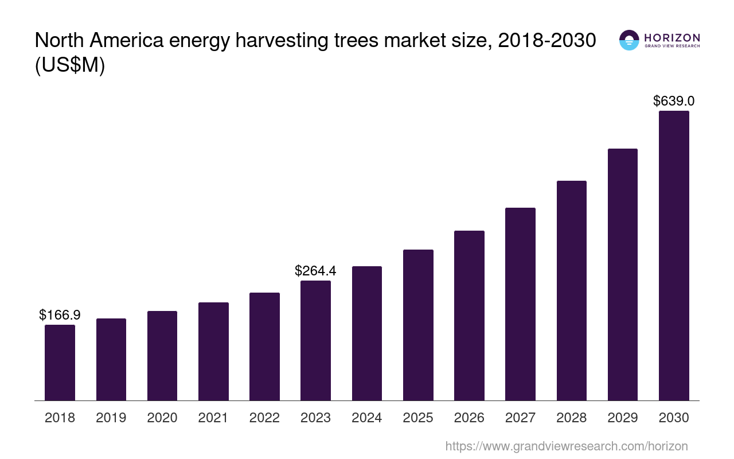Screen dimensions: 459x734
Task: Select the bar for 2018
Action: (60, 363)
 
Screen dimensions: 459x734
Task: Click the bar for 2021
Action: (213, 351)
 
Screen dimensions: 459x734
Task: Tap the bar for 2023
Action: (315, 340)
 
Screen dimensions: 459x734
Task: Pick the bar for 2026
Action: (469, 316)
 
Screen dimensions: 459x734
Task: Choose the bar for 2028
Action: (571, 290)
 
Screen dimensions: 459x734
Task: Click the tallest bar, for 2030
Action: (674, 255)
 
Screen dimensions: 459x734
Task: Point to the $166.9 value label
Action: (60, 314)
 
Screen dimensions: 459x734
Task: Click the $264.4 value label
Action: (315, 270)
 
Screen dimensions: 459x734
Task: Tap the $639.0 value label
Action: (674, 101)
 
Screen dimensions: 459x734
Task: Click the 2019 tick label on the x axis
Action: (111, 418)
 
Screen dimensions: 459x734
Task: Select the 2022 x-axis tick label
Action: (264, 418)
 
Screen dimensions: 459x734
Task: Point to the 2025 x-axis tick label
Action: (418, 418)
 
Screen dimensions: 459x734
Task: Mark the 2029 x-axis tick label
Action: (623, 418)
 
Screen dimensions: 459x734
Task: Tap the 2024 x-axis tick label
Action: (367, 418)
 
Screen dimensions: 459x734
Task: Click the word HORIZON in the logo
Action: (672, 37)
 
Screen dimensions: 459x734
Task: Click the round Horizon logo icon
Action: (629, 40)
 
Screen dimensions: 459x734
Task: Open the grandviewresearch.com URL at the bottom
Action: (566, 446)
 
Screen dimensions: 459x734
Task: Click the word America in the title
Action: (126, 41)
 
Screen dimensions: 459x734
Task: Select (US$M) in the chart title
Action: (70, 65)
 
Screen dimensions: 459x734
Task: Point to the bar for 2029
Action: (623, 274)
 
